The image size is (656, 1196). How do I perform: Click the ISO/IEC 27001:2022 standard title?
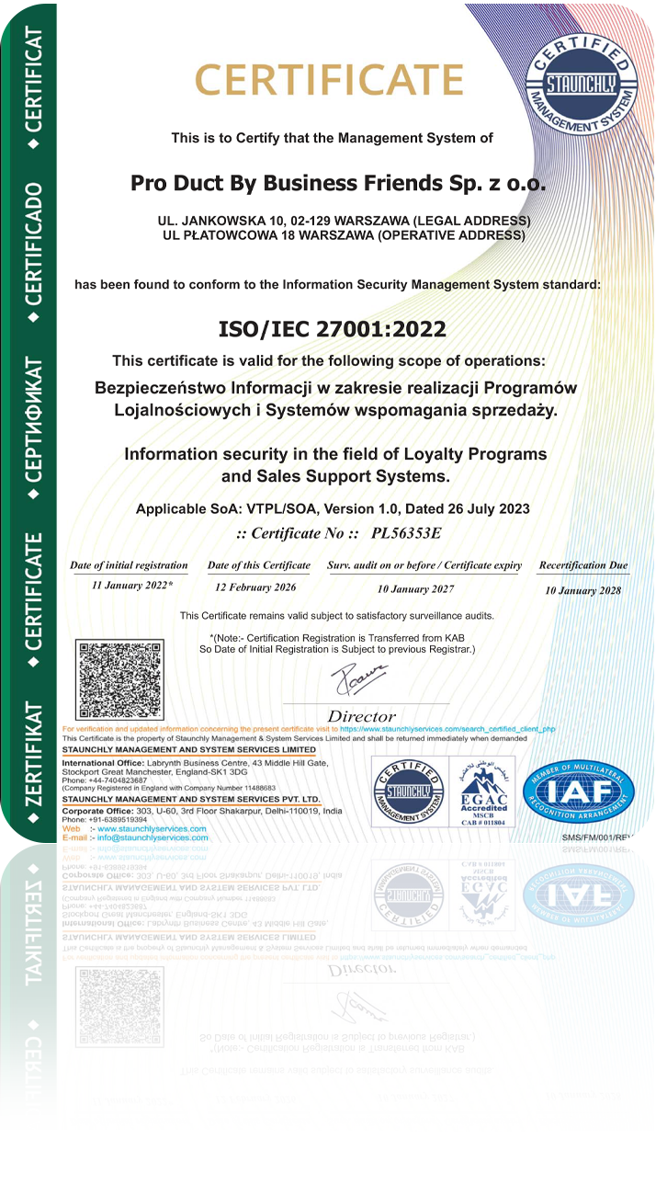tap(332, 329)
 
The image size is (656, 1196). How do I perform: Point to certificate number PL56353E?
tap(406, 532)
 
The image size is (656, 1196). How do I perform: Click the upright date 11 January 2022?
tap(132, 585)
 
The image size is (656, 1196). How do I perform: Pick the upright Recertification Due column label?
tap(583, 565)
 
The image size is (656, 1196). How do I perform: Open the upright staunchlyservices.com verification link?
tap(447, 729)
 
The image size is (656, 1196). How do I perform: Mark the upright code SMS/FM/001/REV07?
tap(602, 837)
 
